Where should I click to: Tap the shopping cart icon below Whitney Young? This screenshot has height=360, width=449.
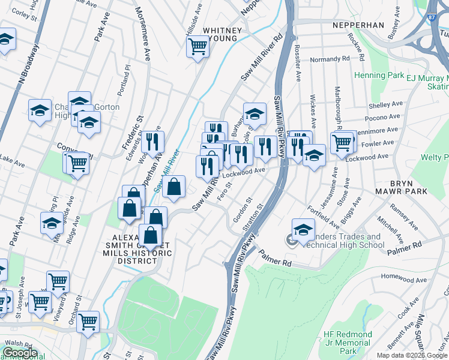(x=197, y=46)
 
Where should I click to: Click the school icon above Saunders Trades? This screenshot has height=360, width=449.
(x=303, y=229)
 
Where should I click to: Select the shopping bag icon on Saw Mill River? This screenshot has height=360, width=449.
(x=173, y=186)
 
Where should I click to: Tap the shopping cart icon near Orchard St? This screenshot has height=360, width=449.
(x=88, y=322)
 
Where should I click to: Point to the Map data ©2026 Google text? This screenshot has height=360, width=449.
(x=412, y=355)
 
